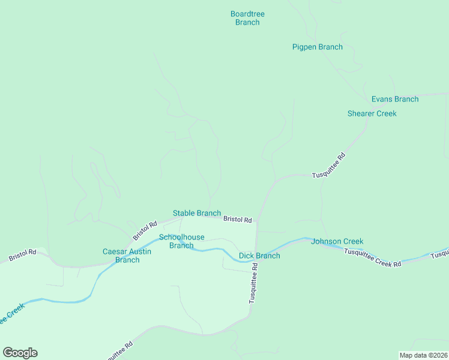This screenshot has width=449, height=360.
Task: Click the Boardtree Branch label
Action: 247,18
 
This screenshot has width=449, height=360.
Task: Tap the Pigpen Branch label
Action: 317,47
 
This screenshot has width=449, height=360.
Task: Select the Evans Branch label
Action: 394,99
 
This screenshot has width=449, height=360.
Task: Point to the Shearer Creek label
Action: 372,113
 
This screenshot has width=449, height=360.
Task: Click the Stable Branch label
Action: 196,213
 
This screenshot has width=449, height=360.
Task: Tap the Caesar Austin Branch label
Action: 127,256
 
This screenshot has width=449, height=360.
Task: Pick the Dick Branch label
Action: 259,256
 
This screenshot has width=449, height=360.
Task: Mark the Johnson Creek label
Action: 337,241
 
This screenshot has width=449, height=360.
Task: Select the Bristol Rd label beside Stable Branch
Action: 237,220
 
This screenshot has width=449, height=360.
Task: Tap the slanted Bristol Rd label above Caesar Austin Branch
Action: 145,229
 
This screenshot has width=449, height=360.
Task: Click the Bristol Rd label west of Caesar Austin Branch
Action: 22,255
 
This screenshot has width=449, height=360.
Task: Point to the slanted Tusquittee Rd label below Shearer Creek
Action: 329,166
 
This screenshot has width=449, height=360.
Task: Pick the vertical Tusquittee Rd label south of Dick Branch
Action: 253,286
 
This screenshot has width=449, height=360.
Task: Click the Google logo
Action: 20,353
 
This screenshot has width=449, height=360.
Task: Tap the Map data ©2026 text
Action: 423,355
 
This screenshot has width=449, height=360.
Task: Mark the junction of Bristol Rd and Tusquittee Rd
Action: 257,221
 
